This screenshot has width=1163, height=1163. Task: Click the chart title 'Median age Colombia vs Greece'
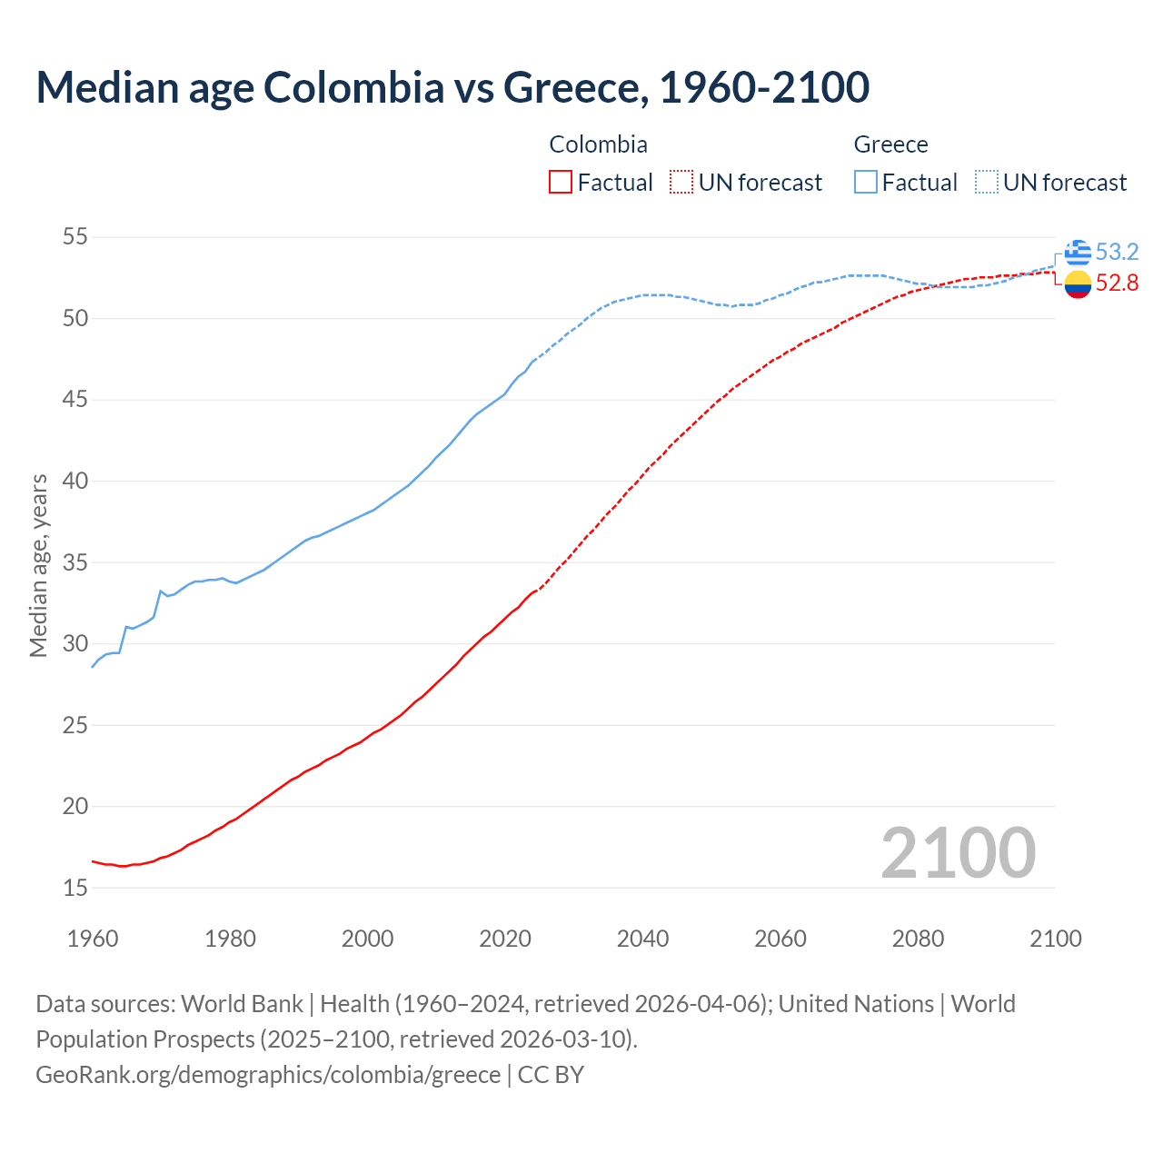(452, 87)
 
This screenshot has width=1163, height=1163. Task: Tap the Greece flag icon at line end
(1078, 253)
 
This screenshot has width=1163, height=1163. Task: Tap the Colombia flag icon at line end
(1078, 284)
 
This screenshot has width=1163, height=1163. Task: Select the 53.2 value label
(1117, 252)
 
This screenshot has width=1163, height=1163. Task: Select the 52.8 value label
(1117, 283)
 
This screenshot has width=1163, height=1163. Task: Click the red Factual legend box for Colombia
(561, 183)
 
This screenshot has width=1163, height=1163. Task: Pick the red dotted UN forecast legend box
(681, 183)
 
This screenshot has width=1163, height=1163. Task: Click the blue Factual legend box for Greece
(866, 183)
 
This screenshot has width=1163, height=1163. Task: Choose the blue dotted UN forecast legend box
(987, 183)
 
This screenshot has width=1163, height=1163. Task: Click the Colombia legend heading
(598, 144)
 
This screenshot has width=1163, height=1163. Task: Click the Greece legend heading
(890, 144)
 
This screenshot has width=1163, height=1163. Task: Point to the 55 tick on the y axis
(75, 237)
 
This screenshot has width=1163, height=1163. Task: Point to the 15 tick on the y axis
(75, 888)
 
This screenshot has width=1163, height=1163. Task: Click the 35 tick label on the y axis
(75, 562)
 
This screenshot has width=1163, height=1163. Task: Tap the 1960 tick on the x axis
(93, 939)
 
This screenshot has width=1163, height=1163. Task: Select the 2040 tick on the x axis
(642, 939)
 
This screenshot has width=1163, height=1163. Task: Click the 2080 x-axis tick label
(918, 939)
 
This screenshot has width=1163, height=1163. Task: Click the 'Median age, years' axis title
(38, 565)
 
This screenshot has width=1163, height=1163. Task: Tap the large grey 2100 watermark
(958, 852)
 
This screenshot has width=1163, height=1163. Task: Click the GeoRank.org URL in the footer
(268, 1075)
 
